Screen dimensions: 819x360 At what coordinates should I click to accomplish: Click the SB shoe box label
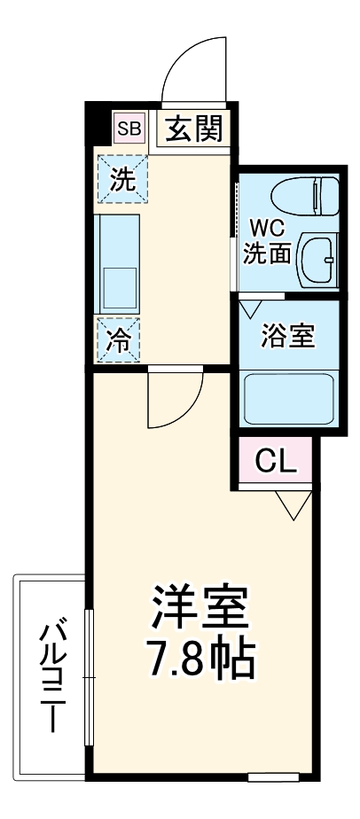coord(129,129)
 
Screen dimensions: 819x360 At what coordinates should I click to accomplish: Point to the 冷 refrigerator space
coord(120,338)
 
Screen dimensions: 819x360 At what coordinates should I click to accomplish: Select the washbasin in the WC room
coord(316,256)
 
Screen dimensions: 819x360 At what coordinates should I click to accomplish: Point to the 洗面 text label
coord(268,253)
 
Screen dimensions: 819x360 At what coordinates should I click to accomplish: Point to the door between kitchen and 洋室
coord(175,398)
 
